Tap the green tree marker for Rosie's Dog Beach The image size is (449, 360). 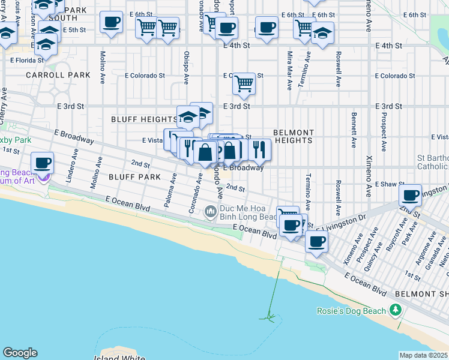coord(395,310)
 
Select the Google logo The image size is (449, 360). coord(20,353)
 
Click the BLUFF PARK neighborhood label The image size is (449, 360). coord(134,177)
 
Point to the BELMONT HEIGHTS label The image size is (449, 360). coord(294,136)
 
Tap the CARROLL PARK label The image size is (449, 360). coord(58,75)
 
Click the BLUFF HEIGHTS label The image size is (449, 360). coord(144,119)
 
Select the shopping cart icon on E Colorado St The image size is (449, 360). coord(244,84)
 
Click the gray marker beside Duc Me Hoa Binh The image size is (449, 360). coord(210,211)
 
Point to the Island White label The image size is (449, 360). coord(118,358)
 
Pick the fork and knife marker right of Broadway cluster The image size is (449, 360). coord(259,149)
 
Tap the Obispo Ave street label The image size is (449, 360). coord(187,67)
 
